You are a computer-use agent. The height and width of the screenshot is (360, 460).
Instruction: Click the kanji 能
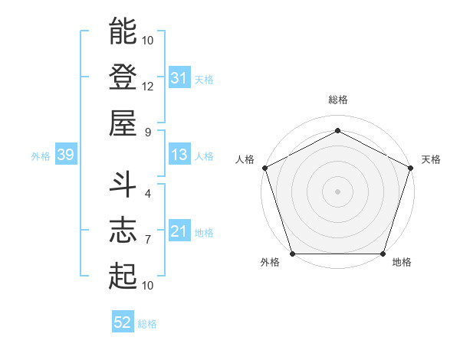(123, 32)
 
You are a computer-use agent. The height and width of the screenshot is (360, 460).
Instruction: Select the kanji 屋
(123, 123)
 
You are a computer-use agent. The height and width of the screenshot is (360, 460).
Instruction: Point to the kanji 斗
(123, 185)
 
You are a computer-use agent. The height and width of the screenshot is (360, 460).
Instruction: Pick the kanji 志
(123, 230)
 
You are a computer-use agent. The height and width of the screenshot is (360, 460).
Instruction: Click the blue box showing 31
(179, 78)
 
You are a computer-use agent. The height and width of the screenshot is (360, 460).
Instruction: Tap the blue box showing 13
(179, 155)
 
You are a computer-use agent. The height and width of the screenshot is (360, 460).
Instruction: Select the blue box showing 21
(179, 232)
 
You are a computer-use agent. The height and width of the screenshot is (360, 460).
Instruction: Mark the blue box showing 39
(65, 155)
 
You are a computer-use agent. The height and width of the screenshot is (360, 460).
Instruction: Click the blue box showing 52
(122, 323)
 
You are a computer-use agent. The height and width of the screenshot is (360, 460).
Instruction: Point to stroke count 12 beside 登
(147, 86)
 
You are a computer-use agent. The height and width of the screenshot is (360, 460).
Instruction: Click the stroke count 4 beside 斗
(147, 194)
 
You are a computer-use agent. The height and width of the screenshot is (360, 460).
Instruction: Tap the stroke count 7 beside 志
(147, 240)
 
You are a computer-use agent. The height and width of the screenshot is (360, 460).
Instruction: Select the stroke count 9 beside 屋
(147, 133)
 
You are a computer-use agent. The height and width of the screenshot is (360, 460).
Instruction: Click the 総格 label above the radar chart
(337, 100)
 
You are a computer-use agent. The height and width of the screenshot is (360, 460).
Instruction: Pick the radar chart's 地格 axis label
(402, 263)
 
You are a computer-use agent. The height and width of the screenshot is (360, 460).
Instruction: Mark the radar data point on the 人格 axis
(264, 167)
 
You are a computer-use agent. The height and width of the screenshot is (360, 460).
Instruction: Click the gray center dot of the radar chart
(337, 191)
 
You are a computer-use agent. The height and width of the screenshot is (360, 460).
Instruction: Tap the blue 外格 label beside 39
(41, 156)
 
